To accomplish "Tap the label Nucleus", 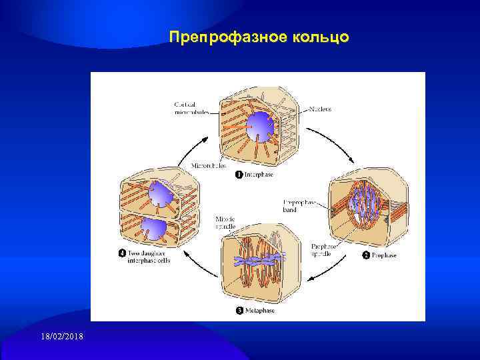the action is click(320, 109).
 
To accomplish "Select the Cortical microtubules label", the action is click(191, 108).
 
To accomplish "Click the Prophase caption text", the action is click(384, 255).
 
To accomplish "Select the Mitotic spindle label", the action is click(225, 222).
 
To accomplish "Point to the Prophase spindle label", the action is click(323, 250).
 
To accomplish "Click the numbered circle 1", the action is click(238, 175).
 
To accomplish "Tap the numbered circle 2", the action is click(365, 255).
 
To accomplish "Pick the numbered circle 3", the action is click(239, 310).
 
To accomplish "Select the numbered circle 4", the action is click(123, 253).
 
